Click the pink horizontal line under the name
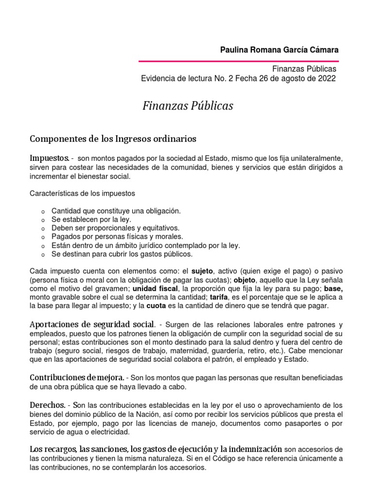point(238,62)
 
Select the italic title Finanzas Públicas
point(187,106)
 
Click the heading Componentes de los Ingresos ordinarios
point(113,139)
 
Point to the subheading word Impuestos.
point(49,158)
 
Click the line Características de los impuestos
point(82,193)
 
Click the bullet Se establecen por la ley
point(91,219)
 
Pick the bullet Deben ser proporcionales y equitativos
point(115,228)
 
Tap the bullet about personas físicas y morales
point(117,237)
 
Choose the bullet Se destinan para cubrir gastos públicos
point(122,254)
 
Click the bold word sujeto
point(202,270)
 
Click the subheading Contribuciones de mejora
point(77,377)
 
